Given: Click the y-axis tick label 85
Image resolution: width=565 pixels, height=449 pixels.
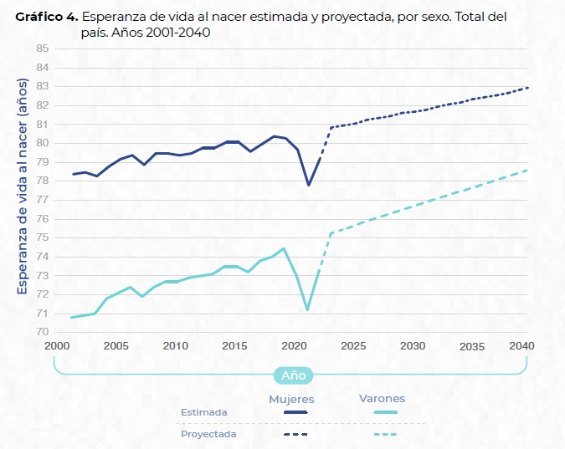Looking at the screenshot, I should pos(42,48).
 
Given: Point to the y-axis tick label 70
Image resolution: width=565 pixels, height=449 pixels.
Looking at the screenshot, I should pos(42,332).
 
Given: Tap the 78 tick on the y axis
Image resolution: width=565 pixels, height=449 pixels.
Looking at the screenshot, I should pos(42,181).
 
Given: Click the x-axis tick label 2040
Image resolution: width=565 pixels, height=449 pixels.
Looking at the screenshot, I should pos(521,346).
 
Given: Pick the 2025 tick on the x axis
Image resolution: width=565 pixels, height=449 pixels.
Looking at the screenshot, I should pos(354,346).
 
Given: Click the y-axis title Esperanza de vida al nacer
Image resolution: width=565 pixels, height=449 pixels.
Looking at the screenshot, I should pos(23,186).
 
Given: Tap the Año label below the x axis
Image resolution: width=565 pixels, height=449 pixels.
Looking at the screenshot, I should pos(293,375).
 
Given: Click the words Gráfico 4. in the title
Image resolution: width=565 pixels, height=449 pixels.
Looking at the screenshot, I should pos(46,17).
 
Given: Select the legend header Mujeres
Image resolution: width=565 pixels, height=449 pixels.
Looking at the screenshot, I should pos(291,399).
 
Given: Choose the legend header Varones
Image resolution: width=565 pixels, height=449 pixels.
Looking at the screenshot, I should pos(382,399).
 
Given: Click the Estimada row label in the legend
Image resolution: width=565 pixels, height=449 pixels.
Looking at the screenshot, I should pos(203,412).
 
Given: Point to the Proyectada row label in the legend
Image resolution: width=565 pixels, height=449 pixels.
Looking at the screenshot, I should pos(208,435).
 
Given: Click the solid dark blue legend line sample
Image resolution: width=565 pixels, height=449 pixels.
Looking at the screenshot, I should pos(295,412).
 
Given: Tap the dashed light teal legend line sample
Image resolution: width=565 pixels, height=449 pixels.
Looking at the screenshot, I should pos(381,435).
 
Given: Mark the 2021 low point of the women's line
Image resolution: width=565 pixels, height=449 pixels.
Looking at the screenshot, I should pos(308,185).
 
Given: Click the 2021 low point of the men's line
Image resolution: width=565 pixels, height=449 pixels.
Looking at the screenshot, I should pos(308,310).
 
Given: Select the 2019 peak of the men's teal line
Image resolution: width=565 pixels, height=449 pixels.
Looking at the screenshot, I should pos(285,248).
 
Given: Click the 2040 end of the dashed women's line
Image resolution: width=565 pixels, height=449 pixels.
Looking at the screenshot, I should pos(527,88).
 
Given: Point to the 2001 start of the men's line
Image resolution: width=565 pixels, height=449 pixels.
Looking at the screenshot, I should pos(72,318).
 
